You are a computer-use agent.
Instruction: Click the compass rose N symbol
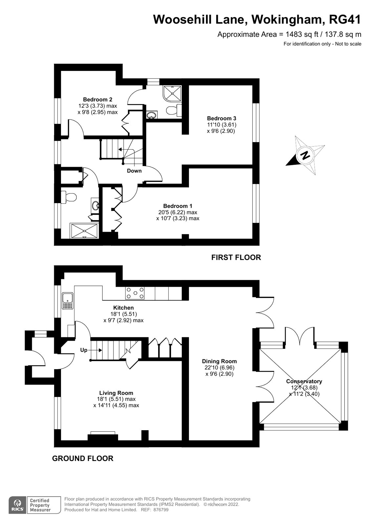(x=305, y=155)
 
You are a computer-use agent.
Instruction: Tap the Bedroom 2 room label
(x=97, y=99)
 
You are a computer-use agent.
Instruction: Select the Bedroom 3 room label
(x=221, y=118)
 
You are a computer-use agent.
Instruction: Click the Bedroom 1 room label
(x=177, y=206)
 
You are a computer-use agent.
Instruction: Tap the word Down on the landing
(x=134, y=171)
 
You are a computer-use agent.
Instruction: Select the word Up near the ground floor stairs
(x=84, y=350)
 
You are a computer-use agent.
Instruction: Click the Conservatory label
(x=304, y=381)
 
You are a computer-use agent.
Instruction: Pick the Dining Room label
(x=219, y=361)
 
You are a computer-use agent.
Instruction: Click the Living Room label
(x=116, y=393)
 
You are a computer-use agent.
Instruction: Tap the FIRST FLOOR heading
(x=236, y=258)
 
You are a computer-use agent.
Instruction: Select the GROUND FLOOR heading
(x=83, y=458)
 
